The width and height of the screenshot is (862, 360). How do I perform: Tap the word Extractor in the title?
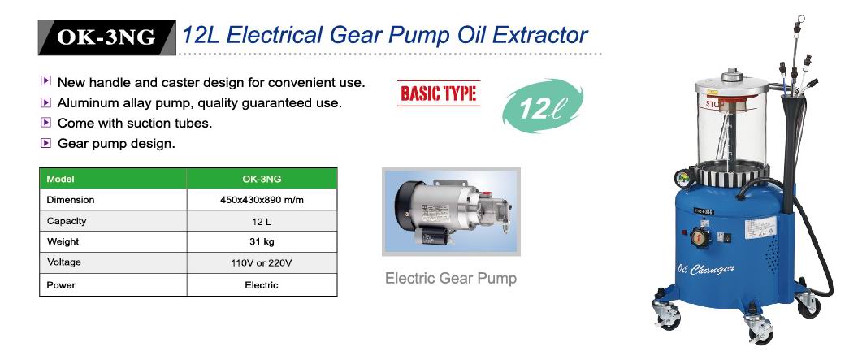(x=539, y=35)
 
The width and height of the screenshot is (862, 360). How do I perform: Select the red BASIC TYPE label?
(x=439, y=93)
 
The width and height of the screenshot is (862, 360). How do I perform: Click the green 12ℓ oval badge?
(x=542, y=106)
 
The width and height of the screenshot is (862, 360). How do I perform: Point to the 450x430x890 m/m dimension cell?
(x=262, y=200)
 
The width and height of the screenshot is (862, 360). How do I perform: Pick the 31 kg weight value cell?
(x=262, y=241)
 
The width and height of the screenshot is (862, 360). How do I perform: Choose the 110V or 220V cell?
(x=262, y=262)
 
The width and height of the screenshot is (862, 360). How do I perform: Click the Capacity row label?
(x=67, y=221)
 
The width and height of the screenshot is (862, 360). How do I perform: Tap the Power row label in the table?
(x=61, y=285)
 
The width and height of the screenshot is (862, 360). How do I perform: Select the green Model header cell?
(x=113, y=179)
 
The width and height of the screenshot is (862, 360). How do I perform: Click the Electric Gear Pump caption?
(x=451, y=278)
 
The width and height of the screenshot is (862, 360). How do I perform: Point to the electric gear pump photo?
(x=451, y=211)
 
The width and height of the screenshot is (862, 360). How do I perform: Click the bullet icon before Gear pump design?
(x=46, y=144)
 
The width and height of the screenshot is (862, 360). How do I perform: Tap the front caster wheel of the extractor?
(x=760, y=330)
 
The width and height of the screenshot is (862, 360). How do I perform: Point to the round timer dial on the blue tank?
(x=700, y=237)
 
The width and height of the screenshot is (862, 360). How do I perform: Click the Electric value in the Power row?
(x=262, y=285)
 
